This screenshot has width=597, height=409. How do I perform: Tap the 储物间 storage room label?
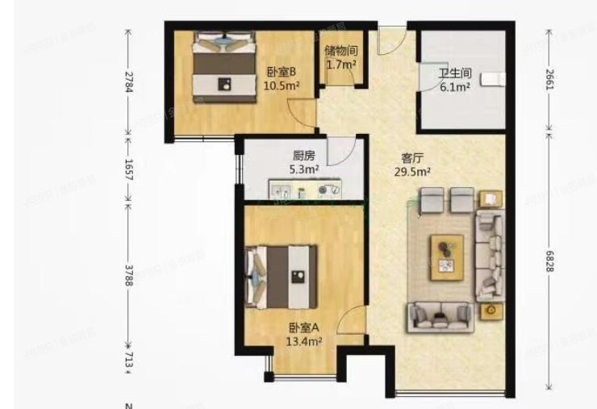[x=340, y=50]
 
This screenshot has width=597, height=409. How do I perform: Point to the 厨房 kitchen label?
[x=303, y=157]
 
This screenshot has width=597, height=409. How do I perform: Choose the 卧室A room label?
[x=304, y=328]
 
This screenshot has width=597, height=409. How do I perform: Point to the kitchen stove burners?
[x=328, y=191]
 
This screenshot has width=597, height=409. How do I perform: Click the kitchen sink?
[x=281, y=192]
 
